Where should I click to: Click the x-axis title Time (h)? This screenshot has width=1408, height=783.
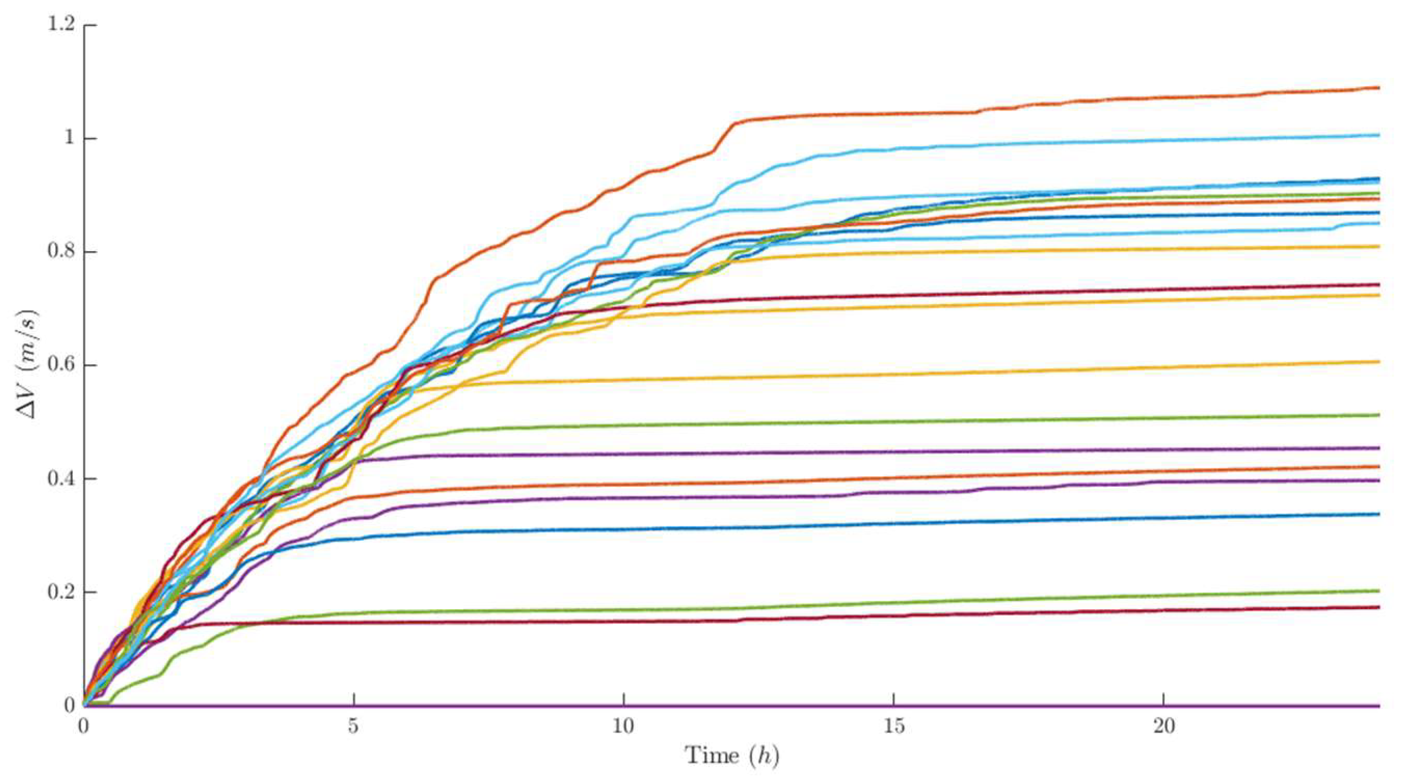[732, 755]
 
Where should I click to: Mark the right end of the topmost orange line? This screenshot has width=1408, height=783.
[1378, 88]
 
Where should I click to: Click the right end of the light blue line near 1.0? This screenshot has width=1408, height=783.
[1378, 135]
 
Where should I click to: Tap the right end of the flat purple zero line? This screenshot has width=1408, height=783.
[1378, 706]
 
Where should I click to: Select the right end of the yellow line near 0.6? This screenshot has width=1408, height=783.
[1378, 361]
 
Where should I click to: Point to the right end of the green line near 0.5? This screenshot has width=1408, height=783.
[1378, 415]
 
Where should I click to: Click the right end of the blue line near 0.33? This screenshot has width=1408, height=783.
[1378, 514]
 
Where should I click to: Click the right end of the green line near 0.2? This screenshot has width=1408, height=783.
[1378, 591]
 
